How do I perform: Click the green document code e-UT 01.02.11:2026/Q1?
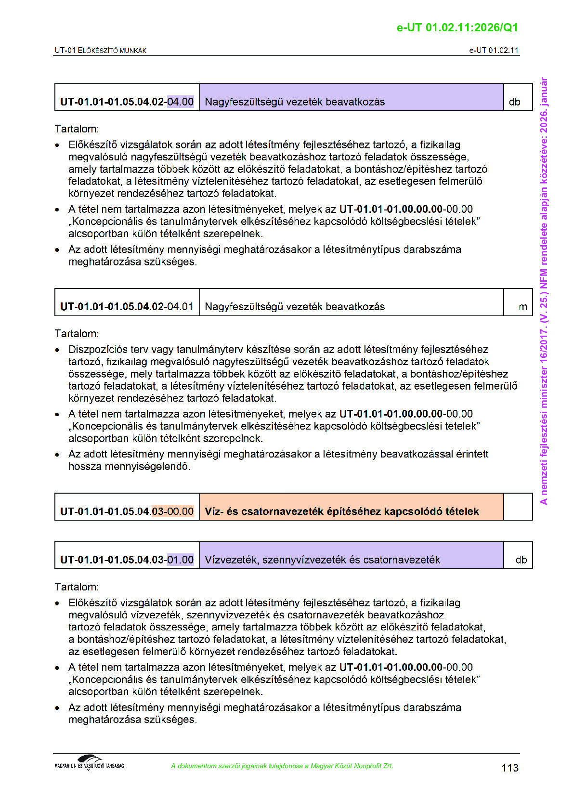(x=457, y=27)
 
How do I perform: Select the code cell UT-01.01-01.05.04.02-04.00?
(x=127, y=102)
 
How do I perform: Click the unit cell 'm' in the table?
(x=522, y=307)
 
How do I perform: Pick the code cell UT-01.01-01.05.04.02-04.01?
(x=127, y=307)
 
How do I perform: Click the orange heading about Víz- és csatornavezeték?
(x=341, y=511)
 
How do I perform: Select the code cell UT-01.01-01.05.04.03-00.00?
(x=127, y=511)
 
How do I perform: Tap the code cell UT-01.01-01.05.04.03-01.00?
(x=127, y=560)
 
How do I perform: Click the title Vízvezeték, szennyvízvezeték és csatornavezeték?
(x=322, y=560)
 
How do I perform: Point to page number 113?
(x=509, y=768)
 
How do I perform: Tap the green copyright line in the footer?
(x=282, y=766)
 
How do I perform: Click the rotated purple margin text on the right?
(x=544, y=291)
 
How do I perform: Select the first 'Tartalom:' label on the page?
(x=77, y=129)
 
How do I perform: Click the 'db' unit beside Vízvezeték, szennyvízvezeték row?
(x=521, y=560)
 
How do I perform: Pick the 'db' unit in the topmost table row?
(x=514, y=102)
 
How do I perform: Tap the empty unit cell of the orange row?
(x=518, y=507)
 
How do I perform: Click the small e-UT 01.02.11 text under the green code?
(x=494, y=50)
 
